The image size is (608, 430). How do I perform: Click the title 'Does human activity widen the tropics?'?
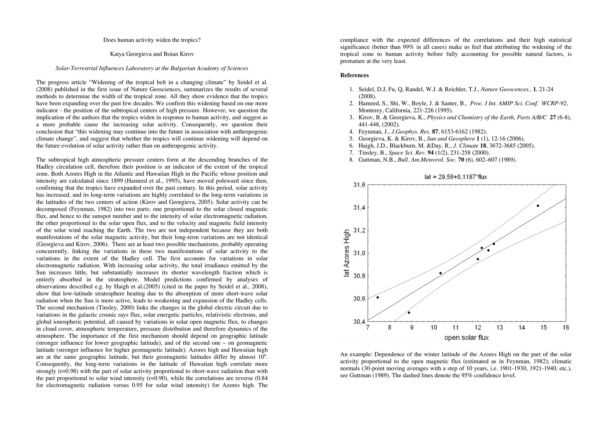coord(152,40)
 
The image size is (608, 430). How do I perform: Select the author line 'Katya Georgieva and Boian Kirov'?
coord(152,54)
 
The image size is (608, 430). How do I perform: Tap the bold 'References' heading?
coord(354,75)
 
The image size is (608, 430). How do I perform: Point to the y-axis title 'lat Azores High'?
coord(346,253)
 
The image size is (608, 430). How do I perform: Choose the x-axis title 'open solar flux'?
coord(466,338)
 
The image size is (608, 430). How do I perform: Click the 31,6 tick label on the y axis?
coord(359,185)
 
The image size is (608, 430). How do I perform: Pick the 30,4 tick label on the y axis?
coord(359,321)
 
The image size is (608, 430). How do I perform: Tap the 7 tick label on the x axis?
coord(368,328)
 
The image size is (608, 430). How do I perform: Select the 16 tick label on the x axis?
coord(566,328)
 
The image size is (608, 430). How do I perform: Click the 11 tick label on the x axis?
coord(456,328)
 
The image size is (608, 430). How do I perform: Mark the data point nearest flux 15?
coord(538,206)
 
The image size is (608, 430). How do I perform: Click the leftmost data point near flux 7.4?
coord(377,297)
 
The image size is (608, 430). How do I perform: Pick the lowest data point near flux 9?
coord(409,312)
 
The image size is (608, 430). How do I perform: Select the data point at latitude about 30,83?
coord(440,273)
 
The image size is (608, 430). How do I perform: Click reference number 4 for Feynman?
coord(351,132)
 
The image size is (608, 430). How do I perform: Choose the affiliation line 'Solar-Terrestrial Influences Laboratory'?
coord(152,68)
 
